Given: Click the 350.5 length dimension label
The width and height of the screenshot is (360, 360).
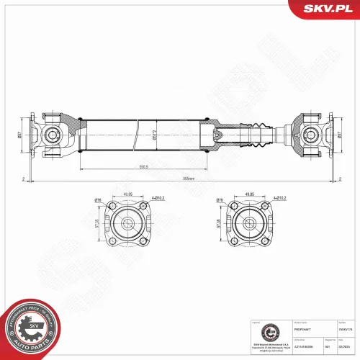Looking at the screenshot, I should pos(145,167).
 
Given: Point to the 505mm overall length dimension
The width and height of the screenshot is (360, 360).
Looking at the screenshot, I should pos(189,177).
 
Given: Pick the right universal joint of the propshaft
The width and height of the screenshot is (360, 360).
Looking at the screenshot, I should pos(312,134).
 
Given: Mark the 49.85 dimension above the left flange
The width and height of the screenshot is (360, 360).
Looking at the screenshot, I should pos(127,194).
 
